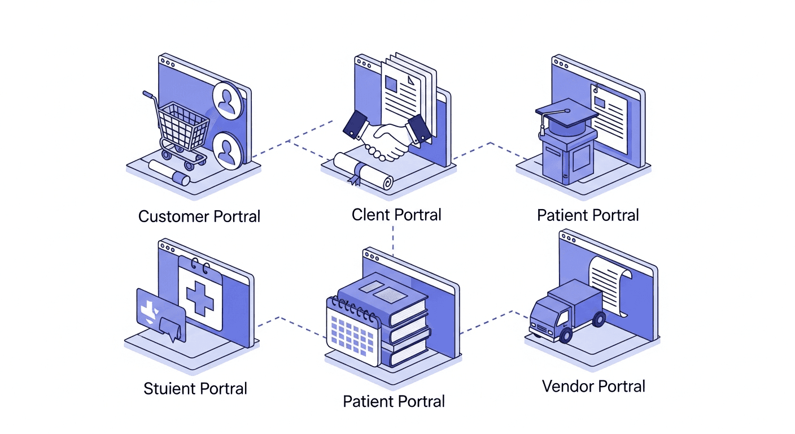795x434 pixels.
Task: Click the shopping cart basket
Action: [182, 125]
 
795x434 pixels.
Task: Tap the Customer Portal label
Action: [199, 216]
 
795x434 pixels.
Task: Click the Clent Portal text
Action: [396, 215]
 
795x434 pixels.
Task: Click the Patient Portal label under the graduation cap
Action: [588, 215]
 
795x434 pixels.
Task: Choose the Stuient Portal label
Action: [195, 389]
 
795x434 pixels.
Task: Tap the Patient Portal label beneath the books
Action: [394, 402]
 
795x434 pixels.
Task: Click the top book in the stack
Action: [381, 294]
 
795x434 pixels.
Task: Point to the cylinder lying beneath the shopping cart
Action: [170, 172]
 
